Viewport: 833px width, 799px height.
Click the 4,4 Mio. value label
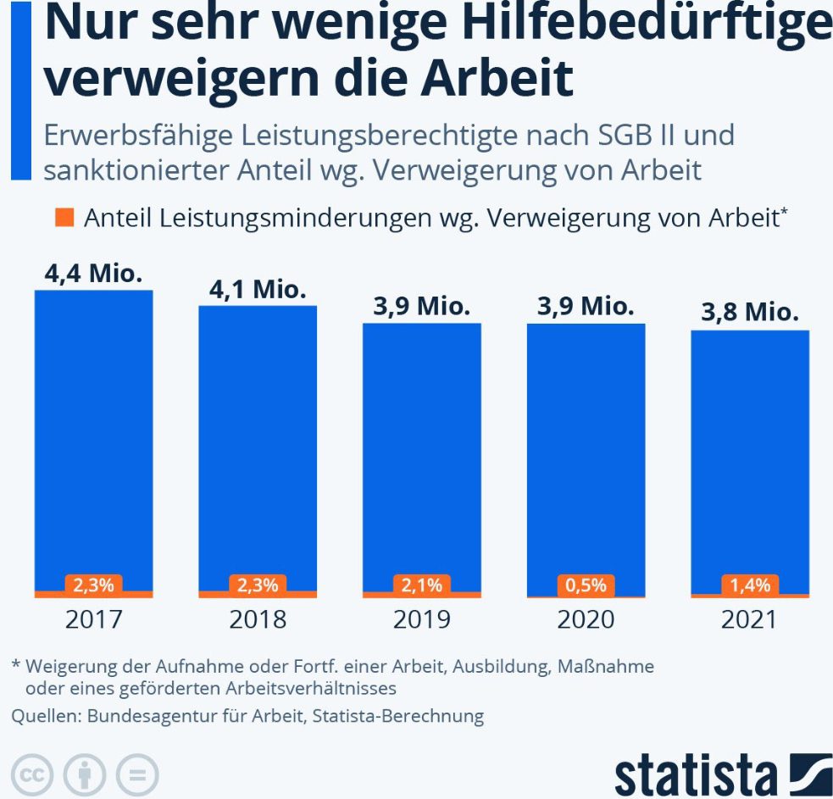coord(93,275)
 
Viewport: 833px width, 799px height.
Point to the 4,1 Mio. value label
coord(258,290)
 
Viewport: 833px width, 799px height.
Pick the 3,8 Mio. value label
coord(750,313)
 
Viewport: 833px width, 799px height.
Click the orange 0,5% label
coord(586,585)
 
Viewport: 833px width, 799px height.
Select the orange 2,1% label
coord(422,585)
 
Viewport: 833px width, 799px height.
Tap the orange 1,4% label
coord(750,585)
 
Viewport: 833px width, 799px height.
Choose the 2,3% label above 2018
coord(258,585)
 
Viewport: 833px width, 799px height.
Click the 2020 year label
coord(586,619)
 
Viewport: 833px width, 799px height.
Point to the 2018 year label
coord(258,619)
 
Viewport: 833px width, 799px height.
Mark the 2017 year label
coord(93,619)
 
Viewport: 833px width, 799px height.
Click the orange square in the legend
coord(65,218)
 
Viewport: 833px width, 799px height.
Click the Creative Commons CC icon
coord(32,774)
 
